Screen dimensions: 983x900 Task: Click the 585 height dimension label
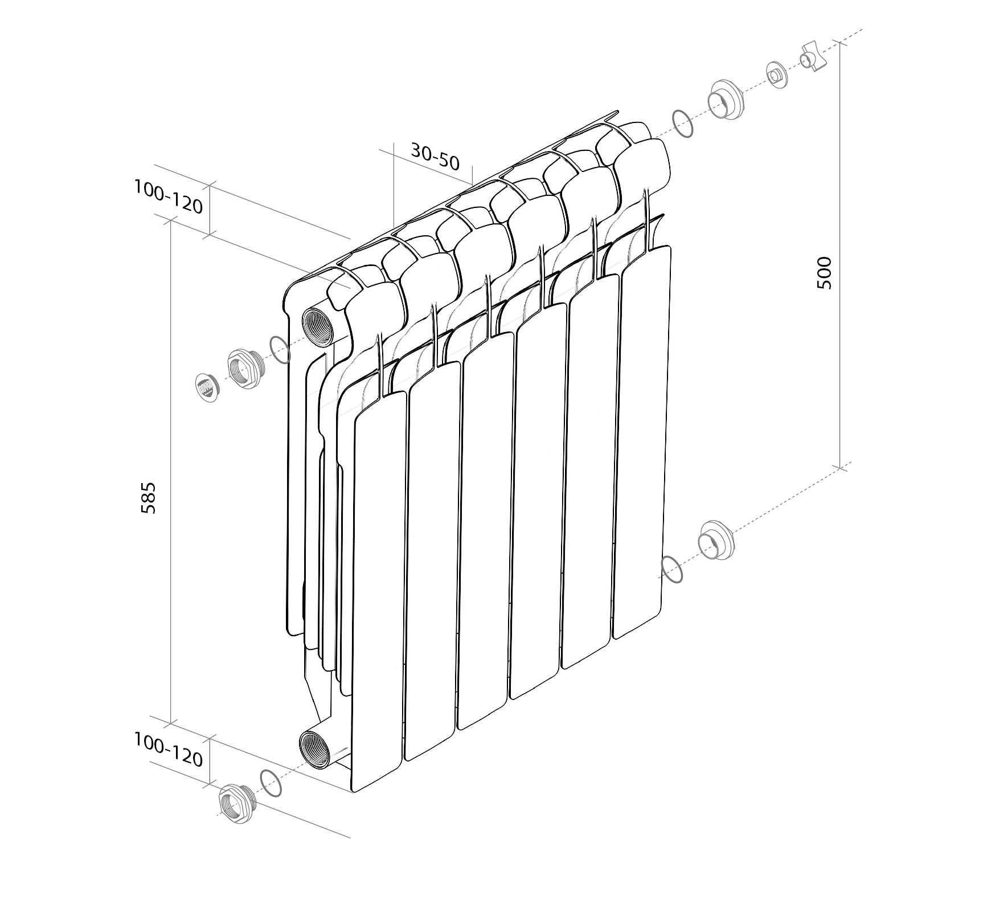[148, 498]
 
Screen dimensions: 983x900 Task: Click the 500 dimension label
[824, 273]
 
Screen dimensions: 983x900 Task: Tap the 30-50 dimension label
[435, 157]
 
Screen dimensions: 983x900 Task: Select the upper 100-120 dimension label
[169, 197]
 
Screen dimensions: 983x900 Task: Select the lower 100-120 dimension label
[169, 750]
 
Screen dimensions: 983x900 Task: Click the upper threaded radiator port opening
[317, 326]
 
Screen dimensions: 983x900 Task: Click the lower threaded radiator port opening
[316, 749]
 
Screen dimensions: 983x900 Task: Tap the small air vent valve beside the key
[777, 75]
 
